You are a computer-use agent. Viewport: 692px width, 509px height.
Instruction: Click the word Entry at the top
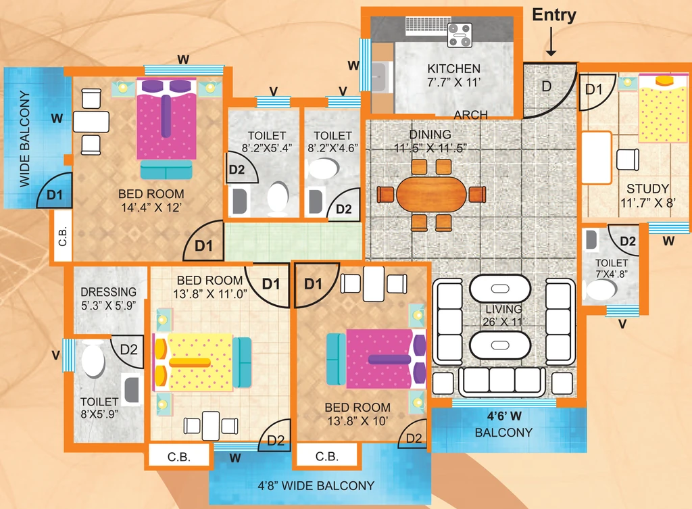554,15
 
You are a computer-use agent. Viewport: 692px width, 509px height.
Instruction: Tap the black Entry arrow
551,42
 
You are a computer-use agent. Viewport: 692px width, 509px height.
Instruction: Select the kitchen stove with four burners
460,35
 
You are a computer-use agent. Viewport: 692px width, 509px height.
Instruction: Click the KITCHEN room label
453,69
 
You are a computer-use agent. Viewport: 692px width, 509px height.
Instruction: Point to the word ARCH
471,115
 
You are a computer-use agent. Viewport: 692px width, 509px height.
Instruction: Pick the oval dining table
431,195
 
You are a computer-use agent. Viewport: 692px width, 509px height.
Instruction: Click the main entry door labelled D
550,91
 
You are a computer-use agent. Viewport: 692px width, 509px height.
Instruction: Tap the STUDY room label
647,189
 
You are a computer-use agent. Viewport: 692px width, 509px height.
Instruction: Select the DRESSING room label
109,292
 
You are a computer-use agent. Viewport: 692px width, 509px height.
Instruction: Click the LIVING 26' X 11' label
503,315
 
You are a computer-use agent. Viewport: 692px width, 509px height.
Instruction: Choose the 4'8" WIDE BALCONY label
316,485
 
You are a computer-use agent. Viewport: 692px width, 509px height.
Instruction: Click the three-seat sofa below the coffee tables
502,381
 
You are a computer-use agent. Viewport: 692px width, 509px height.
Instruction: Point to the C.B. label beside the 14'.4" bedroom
63,236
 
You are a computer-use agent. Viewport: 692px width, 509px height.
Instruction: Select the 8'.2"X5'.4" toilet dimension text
267,148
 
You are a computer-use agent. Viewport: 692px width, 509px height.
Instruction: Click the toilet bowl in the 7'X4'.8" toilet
600,290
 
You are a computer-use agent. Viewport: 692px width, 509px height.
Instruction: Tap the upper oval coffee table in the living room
499,289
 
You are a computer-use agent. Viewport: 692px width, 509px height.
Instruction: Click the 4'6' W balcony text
504,416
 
